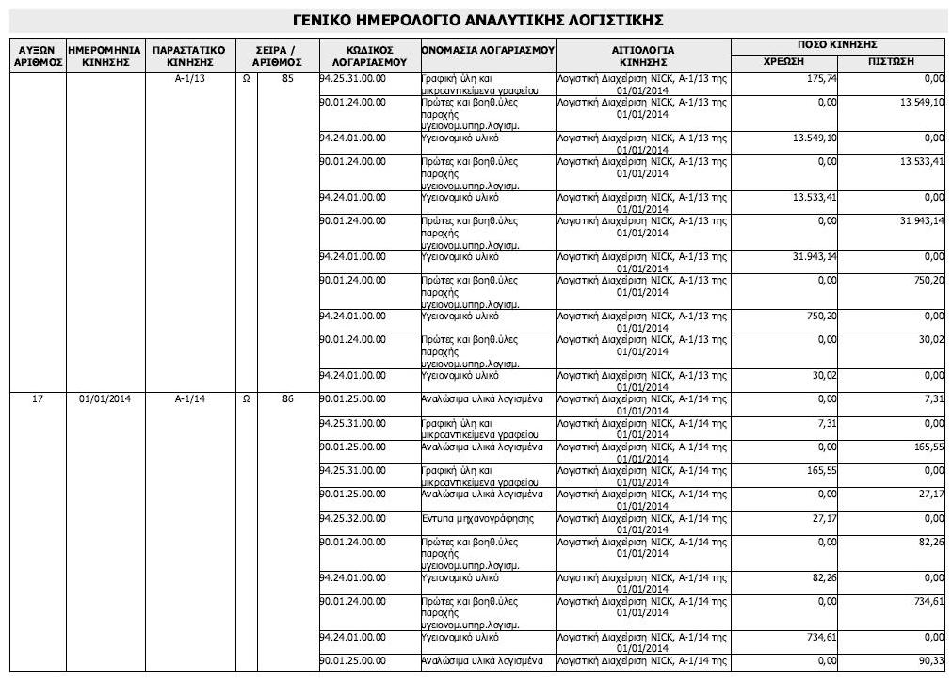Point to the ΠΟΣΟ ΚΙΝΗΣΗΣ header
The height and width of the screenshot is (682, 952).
pyautogui.click(x=837, y=45)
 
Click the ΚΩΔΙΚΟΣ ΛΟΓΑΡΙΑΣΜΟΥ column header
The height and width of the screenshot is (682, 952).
pyautogui.click(x=369, y=55)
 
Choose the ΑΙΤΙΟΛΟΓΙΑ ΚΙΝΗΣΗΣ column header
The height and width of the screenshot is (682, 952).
pyautogui.click(x=643, y=55)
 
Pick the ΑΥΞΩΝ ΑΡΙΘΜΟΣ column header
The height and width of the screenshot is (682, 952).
pyautogui.click(x=38, y=55)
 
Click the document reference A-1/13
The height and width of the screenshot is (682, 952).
pyautogui.click(x=189, y=79)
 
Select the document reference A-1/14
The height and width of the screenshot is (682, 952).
pyautogui.click(x=189, y=399)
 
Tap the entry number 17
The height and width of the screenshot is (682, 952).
pyautogui.click(x=38, y=399)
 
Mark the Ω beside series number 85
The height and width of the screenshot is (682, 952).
pyautogui.click(x=246, y=79)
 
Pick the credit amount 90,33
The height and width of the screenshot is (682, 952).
pyautogui.click(x=928, y=660)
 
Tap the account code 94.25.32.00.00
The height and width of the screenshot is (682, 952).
pyautogui.click(x=354, y=517)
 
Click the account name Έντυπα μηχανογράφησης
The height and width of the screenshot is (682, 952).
pyautogui.click(x=477, y=517)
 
